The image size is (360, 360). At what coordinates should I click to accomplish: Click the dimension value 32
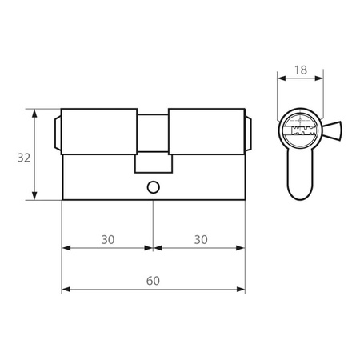[x=24, y=158]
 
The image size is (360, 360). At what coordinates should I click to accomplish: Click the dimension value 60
[x=153, y=281]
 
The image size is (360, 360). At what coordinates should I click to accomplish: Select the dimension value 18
[x=301, y=70]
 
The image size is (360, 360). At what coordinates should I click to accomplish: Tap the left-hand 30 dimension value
[x=108, y=240]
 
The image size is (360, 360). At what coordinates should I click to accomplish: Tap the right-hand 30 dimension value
[x=201, y=240]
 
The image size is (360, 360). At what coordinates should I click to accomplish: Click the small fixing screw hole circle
[x=154, y=187]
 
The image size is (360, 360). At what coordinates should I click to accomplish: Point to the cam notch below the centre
[x=154, y=163]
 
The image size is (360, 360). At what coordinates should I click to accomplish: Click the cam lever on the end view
[x=333, y=130]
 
